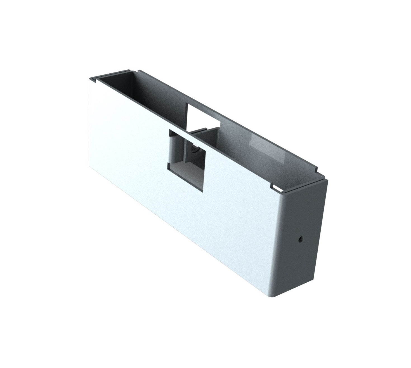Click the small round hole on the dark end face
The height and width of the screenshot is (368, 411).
[301, 239]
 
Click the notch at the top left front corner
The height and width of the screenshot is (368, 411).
[93, 81]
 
